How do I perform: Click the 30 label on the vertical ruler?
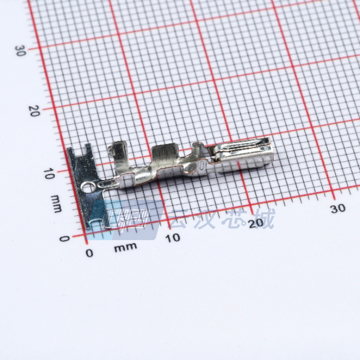click(x=20, y=51)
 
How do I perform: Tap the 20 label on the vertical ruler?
click(x=34, y=111)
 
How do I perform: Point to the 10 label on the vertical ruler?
click(x=49, y=173)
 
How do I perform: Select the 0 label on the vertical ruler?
click(x=65, y=239)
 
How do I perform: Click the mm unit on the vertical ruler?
click(x=56, y=204)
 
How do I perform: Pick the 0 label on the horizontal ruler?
click(x=89, y=253)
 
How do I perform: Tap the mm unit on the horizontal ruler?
click(x=125, y=247)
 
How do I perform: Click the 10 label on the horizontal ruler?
click(x=173, y=238)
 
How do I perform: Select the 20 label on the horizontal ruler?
click(x=256, y=223)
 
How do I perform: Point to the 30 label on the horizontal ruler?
click(x=338, y=208)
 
